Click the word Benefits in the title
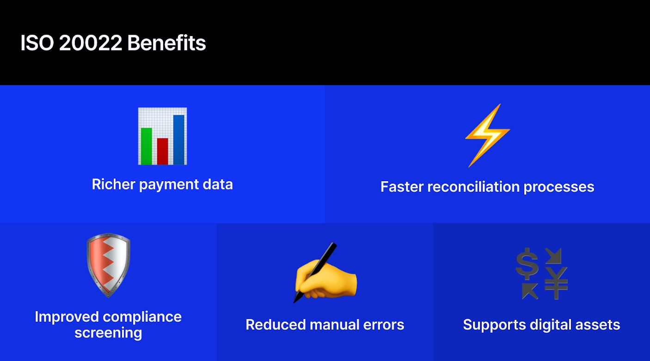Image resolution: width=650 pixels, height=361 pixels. click(x=166, y=43)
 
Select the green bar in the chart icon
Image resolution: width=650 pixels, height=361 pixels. click(x=147, y=146)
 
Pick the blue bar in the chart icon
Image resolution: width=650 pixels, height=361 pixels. click(x=178, y=139)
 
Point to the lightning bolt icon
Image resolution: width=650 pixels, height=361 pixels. click(x=487, y=135)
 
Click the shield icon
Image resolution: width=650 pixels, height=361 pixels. click(x=108, y=264)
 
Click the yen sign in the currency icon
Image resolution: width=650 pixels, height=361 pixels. click(x=556, y=282)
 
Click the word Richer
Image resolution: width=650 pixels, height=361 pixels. click(x=113, y=184)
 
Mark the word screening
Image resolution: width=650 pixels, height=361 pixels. click(x=108, y=333)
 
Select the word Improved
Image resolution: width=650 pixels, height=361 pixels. click(x=67, y=317)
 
